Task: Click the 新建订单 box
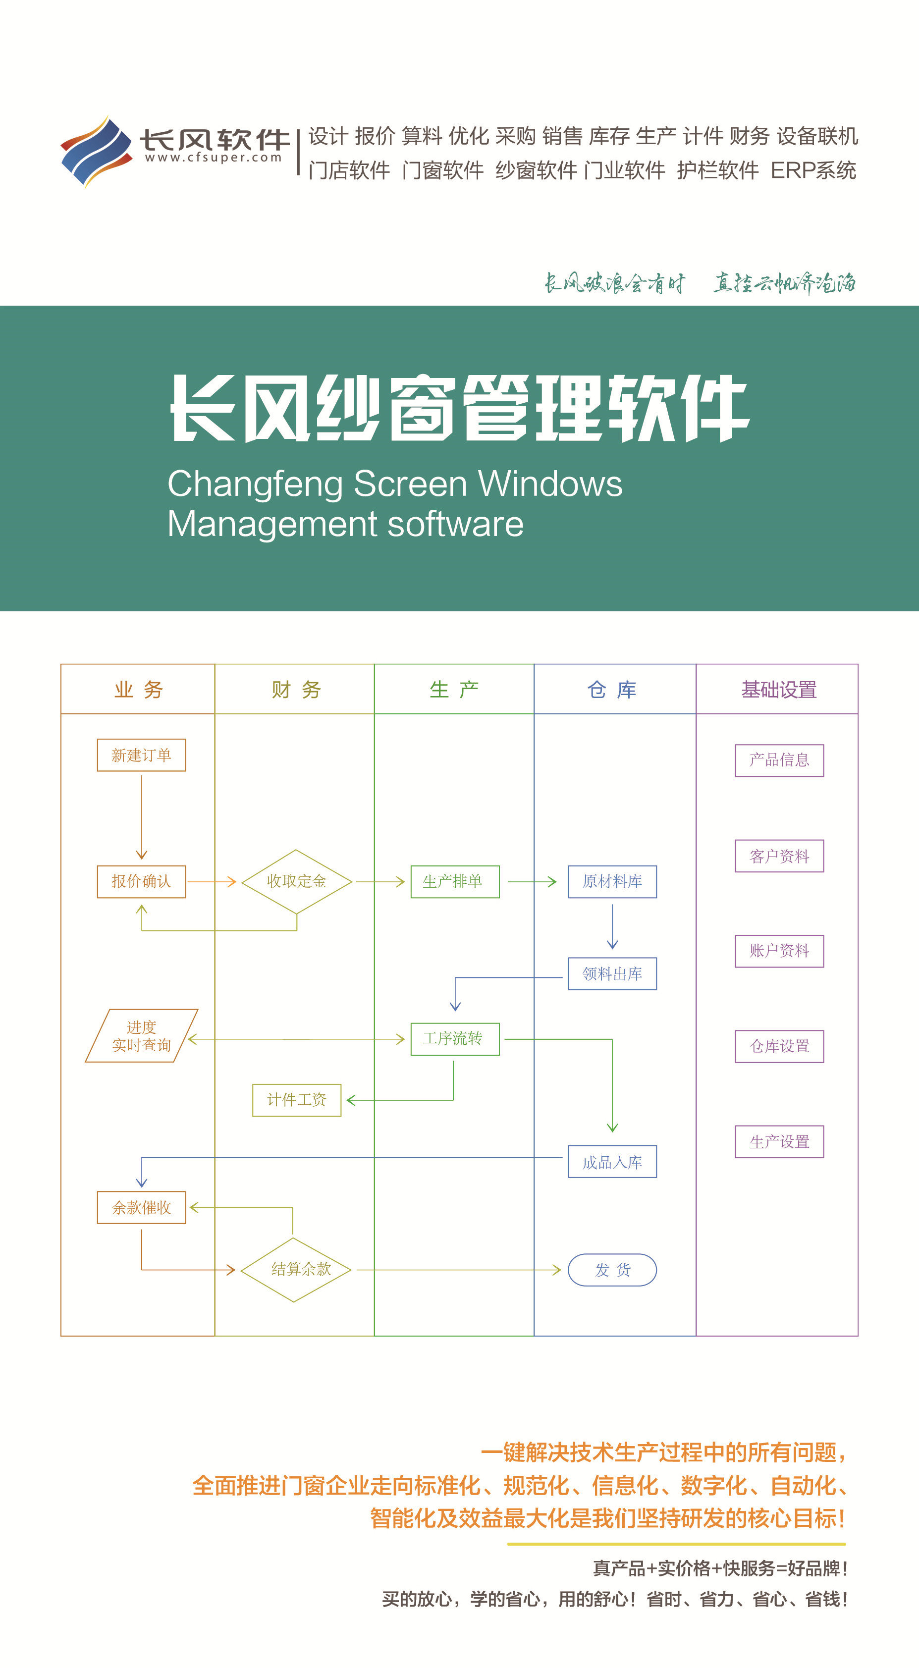[141, 755]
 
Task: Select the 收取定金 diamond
[297, 881]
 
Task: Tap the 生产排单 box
[455, 881]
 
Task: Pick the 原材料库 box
[612, 881]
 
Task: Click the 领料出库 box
[612, 973]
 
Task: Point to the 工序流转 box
[455, 1039]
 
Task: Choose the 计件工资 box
[297, 1099]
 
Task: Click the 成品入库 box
[612, 1162]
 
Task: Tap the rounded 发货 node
[612, 1270]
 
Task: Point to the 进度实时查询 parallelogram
[141, 1035]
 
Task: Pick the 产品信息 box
[779, 760]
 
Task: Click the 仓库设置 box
[779, 1046]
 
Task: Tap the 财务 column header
[296, 690]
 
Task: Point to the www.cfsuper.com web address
[213, 158]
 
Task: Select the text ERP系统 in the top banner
[813, 170]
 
